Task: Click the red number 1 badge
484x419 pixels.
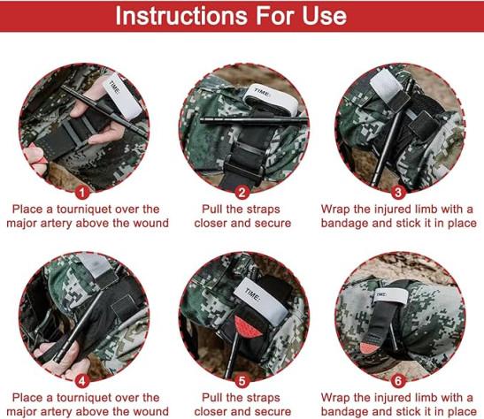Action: point(81,193)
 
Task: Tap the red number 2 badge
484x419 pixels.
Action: point(242,193)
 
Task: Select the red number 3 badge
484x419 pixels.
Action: point(398,193)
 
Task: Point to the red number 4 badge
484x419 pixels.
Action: point(81,381)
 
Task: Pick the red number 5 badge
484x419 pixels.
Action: point(242,381)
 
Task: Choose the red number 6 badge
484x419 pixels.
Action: point(398,381)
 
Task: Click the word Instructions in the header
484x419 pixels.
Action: point(181,16)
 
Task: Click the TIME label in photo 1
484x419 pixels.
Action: point(115,88)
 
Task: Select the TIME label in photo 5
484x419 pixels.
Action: point(252,295)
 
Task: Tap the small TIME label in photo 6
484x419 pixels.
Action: point(381,295)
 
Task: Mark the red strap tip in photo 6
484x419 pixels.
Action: point(369,347)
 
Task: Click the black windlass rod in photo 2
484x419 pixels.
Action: point(254,121)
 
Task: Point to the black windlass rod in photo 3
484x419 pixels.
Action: point(393,132)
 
